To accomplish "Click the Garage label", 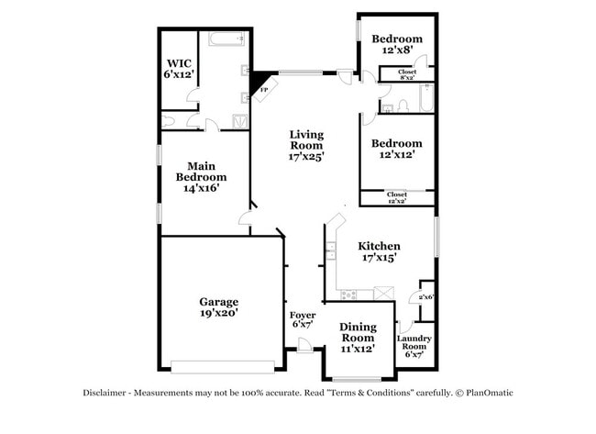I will coord(219,306).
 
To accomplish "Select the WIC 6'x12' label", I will coord(179,68).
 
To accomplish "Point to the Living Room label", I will coord(306,145).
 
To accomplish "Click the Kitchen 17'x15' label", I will coord(379,252).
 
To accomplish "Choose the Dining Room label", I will coord(357,337).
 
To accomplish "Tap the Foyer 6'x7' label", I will coord(303,319).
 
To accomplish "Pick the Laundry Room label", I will coord(414,346).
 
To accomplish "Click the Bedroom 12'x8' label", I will coord(396,45).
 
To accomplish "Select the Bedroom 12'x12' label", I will coord(396,150).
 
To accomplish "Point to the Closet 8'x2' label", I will coord(407,74).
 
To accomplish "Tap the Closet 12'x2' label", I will coord(396,197).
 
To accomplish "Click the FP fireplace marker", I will coord(264,89).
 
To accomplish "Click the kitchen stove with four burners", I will coord(348,294).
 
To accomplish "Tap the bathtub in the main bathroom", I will coord(225,40).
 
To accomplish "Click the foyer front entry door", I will coord(304,347).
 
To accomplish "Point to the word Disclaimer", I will coord(107,393).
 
